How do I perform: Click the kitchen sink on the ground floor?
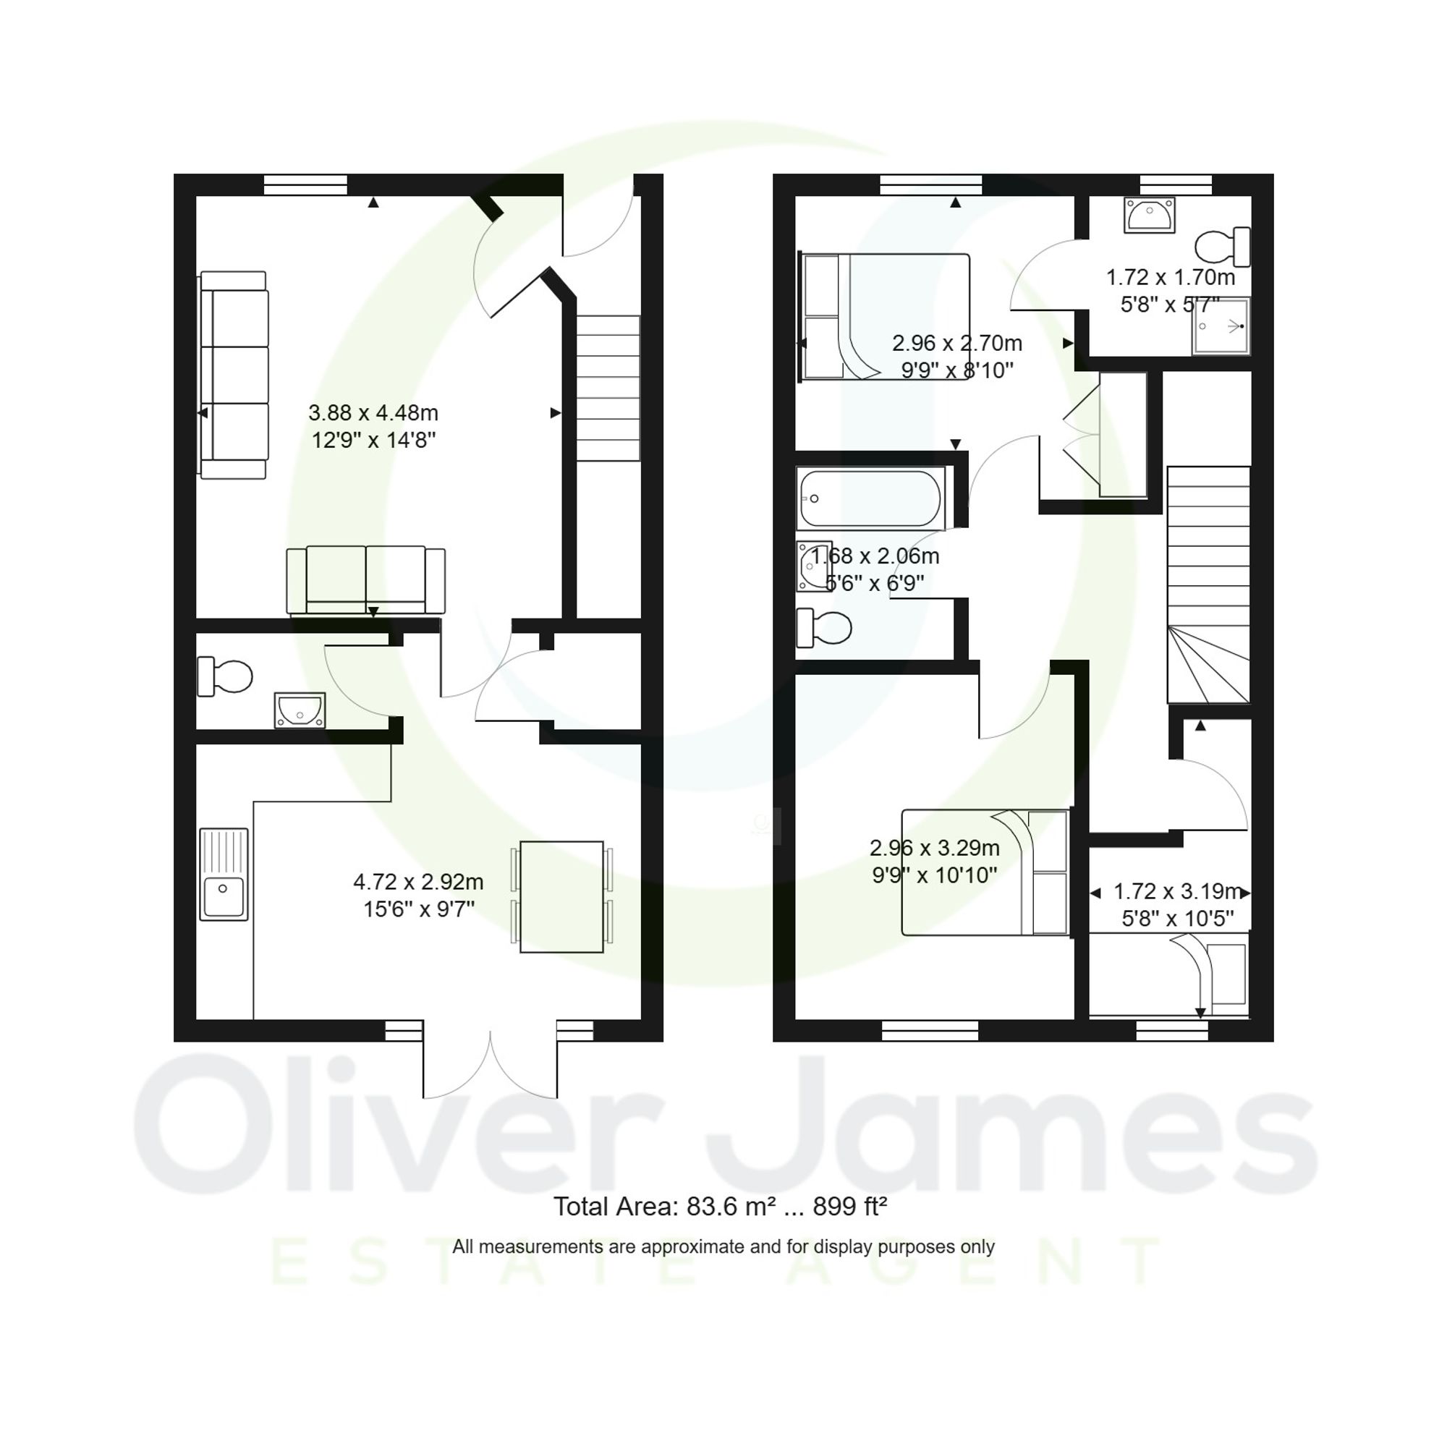223,874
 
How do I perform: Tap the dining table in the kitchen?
561,896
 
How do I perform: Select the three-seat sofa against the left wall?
234,375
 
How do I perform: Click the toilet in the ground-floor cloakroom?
225,676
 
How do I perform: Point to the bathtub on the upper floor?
870,498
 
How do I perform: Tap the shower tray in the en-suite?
1221,326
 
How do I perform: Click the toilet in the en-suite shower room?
1222,247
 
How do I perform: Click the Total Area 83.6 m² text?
720,1207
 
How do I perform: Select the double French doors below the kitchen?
490,1063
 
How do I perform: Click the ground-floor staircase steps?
608,388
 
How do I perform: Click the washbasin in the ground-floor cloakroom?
300,709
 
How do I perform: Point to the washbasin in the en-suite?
1149,216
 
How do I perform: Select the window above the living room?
305,184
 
